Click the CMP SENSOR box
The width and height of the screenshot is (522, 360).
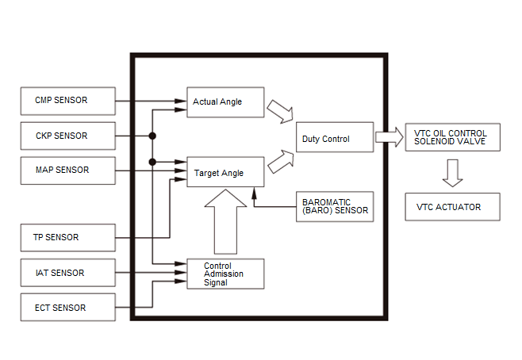click(x=68, y=101)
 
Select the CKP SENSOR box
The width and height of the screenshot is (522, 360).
click(x=68, y=136)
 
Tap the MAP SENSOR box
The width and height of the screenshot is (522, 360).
click(x=68, y=170)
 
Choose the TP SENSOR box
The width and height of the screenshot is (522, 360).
click(x=68, y=238)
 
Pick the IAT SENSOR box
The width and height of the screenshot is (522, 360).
click(x=68, y=273)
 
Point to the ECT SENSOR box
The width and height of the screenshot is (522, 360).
click(x=68, y=307)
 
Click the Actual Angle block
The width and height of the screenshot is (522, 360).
click(x=225, y=102)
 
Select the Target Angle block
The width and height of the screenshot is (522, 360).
click(x=225, y=172)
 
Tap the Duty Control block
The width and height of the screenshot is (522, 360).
click(x=335, y=137)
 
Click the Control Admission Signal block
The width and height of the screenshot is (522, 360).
click(x=225, y=274)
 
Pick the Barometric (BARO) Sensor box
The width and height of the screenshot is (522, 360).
click(x=335, y=207)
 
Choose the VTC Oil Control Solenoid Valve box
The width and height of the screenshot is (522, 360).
click(x=452, y=137)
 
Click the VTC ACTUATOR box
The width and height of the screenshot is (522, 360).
click(x=452, y=207)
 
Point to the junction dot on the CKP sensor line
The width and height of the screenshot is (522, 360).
click(x=152, y=136)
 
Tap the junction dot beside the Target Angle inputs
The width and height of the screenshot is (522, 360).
click(x=152, y=162)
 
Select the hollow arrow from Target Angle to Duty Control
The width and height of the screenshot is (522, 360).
click(x=282, y=162)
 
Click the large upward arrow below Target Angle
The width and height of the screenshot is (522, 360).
click(x=226, y=222)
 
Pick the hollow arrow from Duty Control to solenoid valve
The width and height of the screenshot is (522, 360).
click(x=390, y=137)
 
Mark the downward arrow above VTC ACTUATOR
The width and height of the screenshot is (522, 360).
click(x=453, y=173)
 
